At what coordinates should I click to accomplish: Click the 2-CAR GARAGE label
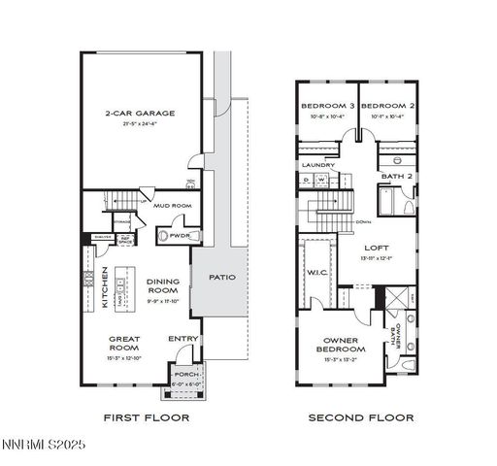[x=141, y=114]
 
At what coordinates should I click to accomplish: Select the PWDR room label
[x=179, y=235]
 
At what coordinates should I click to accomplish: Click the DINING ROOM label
[x=162, y=285]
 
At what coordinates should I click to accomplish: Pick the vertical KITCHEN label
[x=105, y=289]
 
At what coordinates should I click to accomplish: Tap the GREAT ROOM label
[x=125, y=344]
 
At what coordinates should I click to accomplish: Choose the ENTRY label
[x=182, y=339]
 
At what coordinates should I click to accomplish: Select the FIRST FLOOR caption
[x=147, y=417]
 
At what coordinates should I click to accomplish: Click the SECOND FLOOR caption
[x=361, y=417]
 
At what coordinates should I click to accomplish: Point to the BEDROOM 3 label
[x=326, y=105]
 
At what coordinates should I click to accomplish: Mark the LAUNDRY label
[x=318, y=165]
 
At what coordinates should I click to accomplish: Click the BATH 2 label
[x=396, y=176]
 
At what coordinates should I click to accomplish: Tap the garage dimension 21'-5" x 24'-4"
[x=141, y=123]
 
